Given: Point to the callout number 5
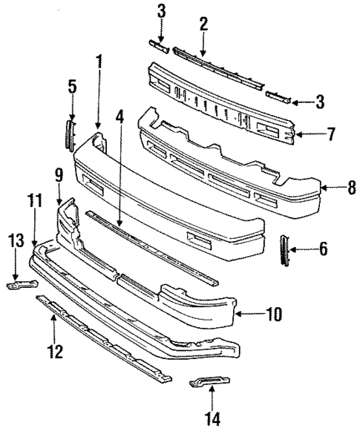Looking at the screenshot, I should pyautogui.click(x=72, y=88).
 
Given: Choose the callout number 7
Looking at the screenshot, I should pyautogui.click(x=331, y=134).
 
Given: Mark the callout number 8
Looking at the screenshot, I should pyautogui.click(x=352, y=188).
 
